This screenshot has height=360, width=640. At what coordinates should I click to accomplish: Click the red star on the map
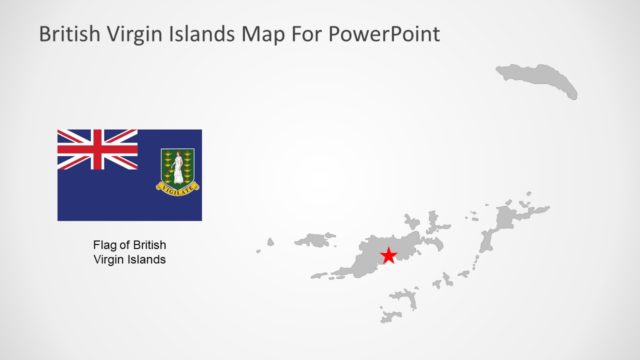coord(388,257)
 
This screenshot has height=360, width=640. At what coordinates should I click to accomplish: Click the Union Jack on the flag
coord(97,149)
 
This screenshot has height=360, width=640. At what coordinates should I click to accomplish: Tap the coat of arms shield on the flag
coord(177,167)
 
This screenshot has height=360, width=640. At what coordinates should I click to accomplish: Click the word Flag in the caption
coord(105,245)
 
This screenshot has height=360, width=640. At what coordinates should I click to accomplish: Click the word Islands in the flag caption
coord(146,259)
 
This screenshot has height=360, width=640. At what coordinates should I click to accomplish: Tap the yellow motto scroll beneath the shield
coord(177,186)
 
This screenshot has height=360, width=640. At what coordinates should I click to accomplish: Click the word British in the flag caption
coord(149,245)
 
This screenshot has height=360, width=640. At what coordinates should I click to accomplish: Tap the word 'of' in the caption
coord(125,245)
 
